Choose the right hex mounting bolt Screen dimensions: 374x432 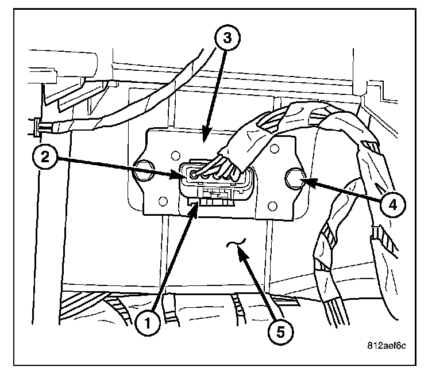(295, 178)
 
